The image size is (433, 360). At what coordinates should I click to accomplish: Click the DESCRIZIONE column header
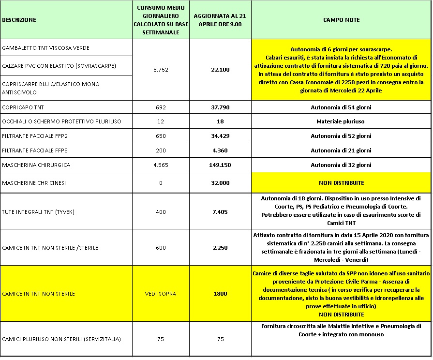(19, 20)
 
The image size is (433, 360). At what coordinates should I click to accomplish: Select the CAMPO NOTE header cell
(341, 20)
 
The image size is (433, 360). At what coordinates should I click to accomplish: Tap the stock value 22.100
(220, 70)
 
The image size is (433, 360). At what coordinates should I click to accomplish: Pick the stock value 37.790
(220, 107)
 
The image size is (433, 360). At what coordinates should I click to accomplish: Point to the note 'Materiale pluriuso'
(341, 121)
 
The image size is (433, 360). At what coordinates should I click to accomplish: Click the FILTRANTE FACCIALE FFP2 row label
(33, 136)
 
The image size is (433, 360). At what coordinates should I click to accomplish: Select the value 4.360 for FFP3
(220, 150)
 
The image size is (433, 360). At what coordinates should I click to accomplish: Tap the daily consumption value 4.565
(161, 165)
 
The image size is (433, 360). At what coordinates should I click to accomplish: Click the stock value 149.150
(220, 165)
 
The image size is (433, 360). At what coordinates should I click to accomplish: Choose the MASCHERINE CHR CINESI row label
(33, 183)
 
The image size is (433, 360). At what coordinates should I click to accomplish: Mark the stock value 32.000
(220, 183)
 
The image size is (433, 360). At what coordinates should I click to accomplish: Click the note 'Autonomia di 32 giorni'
(341, 165)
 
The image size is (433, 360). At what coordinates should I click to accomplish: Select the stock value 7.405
(220, 212)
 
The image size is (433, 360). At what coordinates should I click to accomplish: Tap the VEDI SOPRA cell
(161, 294)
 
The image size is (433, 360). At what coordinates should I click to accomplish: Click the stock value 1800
(220, 294)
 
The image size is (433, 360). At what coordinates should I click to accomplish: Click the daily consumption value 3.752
(161, 70)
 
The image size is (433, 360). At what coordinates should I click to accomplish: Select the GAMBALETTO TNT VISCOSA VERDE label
(46, 48)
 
